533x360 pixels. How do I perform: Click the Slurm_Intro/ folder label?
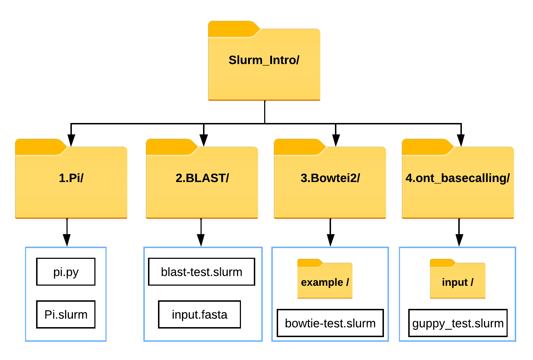point(264,60)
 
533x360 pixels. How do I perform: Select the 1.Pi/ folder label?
point(71,178)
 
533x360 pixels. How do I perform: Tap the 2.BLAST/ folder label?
point(202,178)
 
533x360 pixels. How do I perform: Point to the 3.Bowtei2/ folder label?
point(330,178)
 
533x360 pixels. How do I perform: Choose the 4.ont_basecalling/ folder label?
point(458,178)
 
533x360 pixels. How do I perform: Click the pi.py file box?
point(66,272)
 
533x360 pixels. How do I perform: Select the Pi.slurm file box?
point(66,314)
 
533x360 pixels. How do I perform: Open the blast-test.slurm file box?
point(202,272)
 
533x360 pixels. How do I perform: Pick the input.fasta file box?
point(199,314)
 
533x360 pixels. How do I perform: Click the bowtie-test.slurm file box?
point(330,323)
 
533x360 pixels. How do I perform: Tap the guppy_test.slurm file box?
point(458,323)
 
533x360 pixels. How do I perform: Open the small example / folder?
point(325,278)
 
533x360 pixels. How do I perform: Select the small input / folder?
point(458,278)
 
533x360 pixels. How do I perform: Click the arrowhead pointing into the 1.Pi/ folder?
point(71,140)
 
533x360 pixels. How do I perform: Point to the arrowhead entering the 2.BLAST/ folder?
point(204,140)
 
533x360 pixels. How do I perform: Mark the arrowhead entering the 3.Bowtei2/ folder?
point(336,140)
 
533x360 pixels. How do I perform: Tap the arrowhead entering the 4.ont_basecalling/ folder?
point(461,140)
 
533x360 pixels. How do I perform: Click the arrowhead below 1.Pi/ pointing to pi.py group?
point(67,240)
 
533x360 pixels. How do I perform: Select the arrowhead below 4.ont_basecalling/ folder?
point(459,240)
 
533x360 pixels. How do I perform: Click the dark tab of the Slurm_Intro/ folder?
point(232,29)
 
